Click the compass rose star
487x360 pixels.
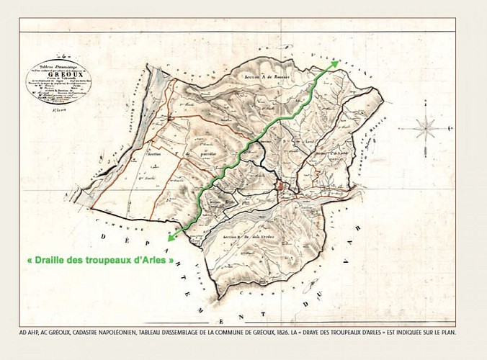(x=427, y=129)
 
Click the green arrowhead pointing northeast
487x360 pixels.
(x=336, y=63)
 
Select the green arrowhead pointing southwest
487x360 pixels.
(x=170, y=237)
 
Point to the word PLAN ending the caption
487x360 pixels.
(x=447, y=333)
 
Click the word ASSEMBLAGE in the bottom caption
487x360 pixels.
(x=186, y=333)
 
